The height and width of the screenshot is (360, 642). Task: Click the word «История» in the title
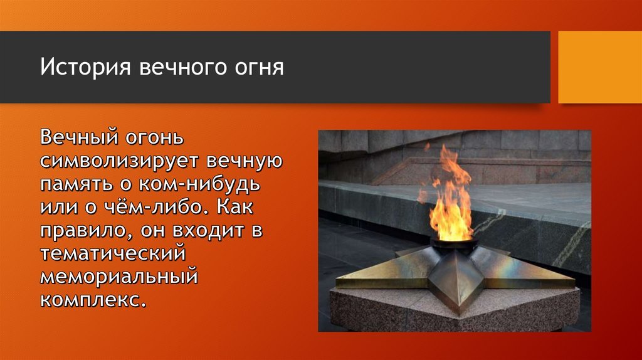[x=85, y=66]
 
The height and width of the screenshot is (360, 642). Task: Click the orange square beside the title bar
[x=600, y=67]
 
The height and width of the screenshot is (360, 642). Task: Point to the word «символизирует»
[x=119, y=161]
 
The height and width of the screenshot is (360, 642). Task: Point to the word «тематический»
[x=113, y=253]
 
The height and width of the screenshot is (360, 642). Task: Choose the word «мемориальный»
[x=119, y=277]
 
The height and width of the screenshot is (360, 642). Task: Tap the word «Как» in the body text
[x=235, y=207]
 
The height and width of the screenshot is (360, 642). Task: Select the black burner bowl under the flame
[x=454, y=245]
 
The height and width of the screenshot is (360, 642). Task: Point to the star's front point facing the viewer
[x=458, y=311]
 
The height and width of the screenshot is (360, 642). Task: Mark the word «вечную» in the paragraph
[x=245, y=161]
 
